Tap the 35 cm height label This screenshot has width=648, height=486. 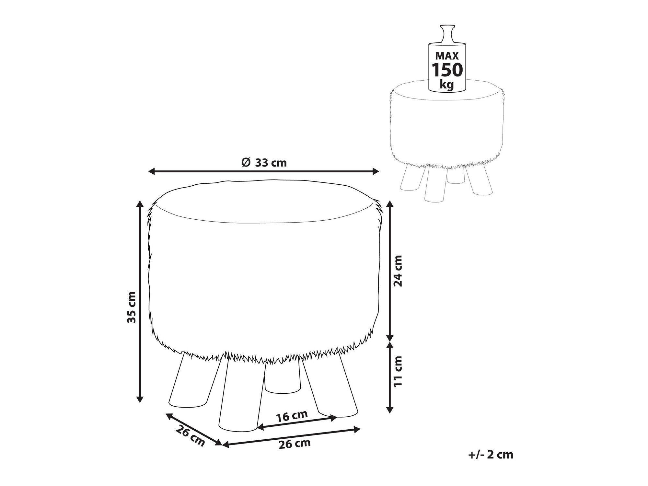(131, 307)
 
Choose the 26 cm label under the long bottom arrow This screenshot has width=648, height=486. (295, 443)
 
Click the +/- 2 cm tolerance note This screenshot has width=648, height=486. (491, 455)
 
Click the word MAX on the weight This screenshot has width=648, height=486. (447, 56)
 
